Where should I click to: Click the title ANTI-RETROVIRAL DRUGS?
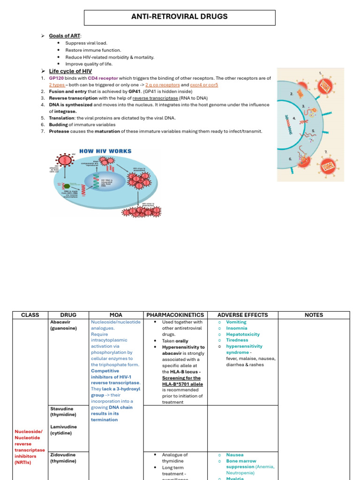(x=180, y=17)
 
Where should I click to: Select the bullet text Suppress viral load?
(x=86, y=43)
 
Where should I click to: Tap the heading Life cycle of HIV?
(x=70, y=71)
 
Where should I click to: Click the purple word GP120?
(x=56, y=78)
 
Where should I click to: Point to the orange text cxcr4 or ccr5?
(x=204, y=85)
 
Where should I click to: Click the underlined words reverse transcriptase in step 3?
(x=155, y=98)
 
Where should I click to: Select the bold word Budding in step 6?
(x=58, y=125)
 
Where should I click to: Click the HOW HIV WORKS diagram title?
(x=105, y=151)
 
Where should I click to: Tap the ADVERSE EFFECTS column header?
(x=243, y=315)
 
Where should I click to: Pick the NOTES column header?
(x=314, y=315)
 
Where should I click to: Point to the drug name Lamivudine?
(x=64, y=427)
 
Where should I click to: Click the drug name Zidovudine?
(x=63, y=455)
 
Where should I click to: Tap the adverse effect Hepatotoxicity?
(x=243, y=335)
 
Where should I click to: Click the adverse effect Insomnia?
(x=237, y=329)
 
